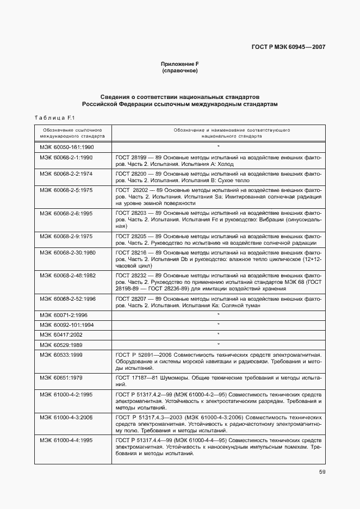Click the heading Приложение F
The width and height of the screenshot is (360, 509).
179,64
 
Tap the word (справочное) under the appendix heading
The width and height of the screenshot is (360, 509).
179,71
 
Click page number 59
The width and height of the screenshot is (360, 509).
322,471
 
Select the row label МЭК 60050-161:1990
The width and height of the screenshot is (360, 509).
66,147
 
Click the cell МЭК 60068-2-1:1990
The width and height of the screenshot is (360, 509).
66,158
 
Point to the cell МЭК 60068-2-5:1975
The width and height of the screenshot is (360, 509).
66,190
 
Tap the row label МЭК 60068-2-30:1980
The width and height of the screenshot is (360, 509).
67,253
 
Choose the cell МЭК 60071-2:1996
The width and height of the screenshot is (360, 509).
64,315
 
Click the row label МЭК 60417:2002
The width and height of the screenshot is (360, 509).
61,334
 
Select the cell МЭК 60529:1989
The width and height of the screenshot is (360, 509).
61,345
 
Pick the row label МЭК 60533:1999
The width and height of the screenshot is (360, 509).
61,355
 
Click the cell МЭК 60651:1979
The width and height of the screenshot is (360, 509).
61,377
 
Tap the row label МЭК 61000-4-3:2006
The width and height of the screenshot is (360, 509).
66,417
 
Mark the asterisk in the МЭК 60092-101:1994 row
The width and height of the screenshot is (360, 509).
218,325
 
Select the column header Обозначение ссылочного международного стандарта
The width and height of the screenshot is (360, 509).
73,134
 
